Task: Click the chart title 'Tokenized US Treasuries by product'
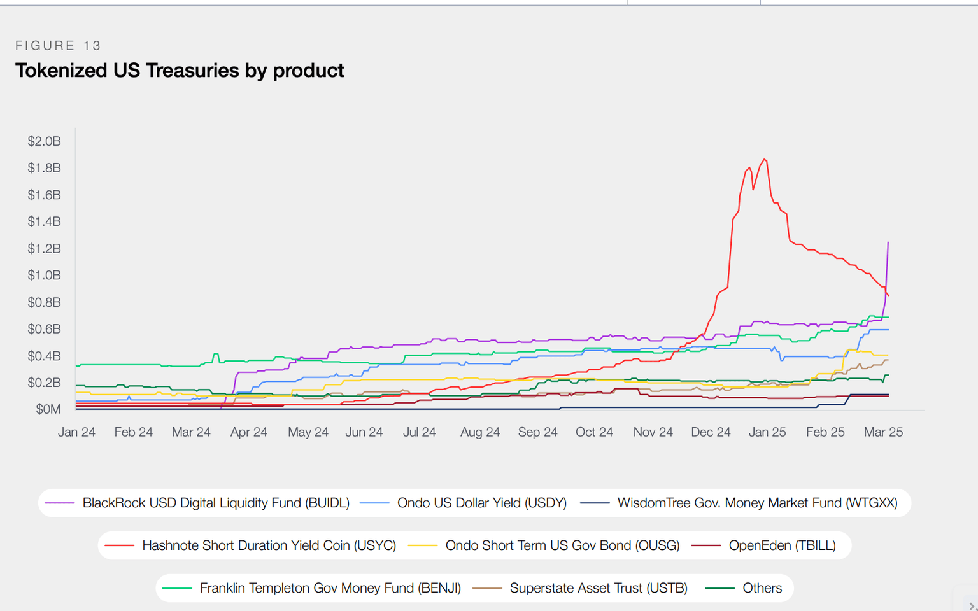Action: [180, 71]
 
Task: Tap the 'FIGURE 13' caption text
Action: [59, 46]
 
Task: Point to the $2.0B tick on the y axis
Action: [45, 141]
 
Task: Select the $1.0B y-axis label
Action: [45, 275]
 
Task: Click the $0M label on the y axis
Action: [48, 409]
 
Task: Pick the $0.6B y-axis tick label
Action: [45, 329]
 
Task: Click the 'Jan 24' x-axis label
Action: [76, 432]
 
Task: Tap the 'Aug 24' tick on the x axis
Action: [480, 432]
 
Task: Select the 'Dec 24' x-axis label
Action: [711, 432]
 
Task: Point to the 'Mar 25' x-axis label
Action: [883, 432]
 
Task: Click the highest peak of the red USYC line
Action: [764, 160]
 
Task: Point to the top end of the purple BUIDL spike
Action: [888, 242]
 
